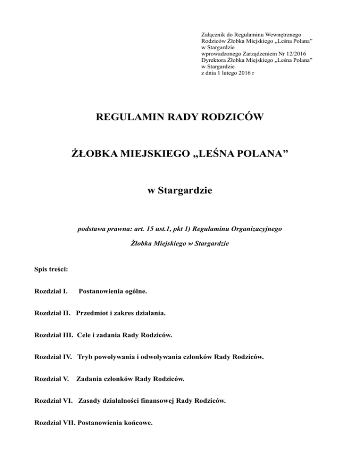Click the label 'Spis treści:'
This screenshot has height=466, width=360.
(x=52, y=270)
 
